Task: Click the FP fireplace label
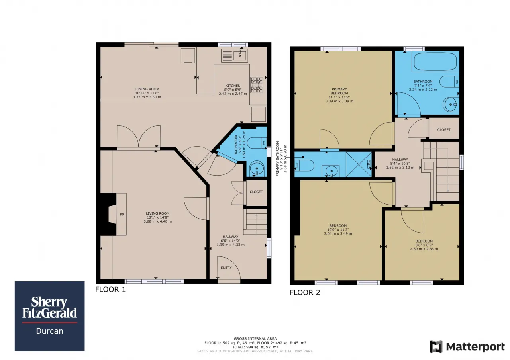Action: coord(122,215)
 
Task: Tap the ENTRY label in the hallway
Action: coord(226,268)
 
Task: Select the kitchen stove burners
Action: coord(257,85)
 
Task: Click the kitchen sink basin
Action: coord(240,55)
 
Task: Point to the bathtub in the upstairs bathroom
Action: coord(435,61)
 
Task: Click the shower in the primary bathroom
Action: coord(359,164)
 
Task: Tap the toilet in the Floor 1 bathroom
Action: coord(257,143)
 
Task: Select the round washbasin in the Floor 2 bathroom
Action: coord(451,104)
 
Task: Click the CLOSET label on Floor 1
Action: coord(256,192)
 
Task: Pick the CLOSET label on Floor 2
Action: coord(444,130)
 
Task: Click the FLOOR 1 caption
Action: coord(110,289)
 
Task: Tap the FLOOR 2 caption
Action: coord(305,292)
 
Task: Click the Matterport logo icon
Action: coord(436,346)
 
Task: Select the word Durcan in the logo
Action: coord(50,331)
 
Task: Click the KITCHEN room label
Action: coord(233,86)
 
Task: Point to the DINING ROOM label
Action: coord(147,89)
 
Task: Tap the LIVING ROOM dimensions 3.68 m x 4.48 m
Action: coord(157,221)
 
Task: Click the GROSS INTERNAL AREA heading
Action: coord(255,338)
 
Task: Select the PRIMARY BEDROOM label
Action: coord(339,91)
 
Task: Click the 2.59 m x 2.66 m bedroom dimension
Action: coord(424,249)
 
